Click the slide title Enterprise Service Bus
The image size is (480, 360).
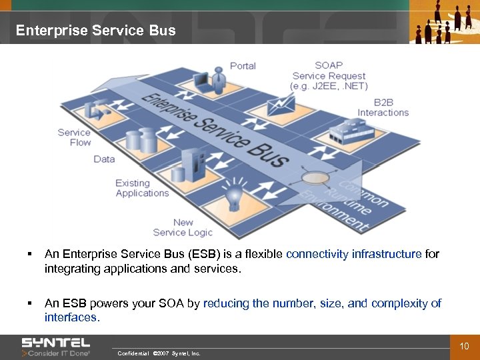95,31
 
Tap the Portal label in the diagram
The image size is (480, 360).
243,65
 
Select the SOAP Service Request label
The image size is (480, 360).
329,75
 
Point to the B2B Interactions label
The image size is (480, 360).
383,107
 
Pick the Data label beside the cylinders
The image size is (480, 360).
104,159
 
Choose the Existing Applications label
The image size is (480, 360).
142,188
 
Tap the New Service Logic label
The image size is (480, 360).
183,227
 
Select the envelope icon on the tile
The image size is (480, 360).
281,103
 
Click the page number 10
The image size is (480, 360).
465,345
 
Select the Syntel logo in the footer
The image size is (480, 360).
56,347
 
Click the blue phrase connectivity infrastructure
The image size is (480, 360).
353,254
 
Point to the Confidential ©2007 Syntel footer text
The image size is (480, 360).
159,353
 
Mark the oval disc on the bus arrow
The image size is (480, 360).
313,178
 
